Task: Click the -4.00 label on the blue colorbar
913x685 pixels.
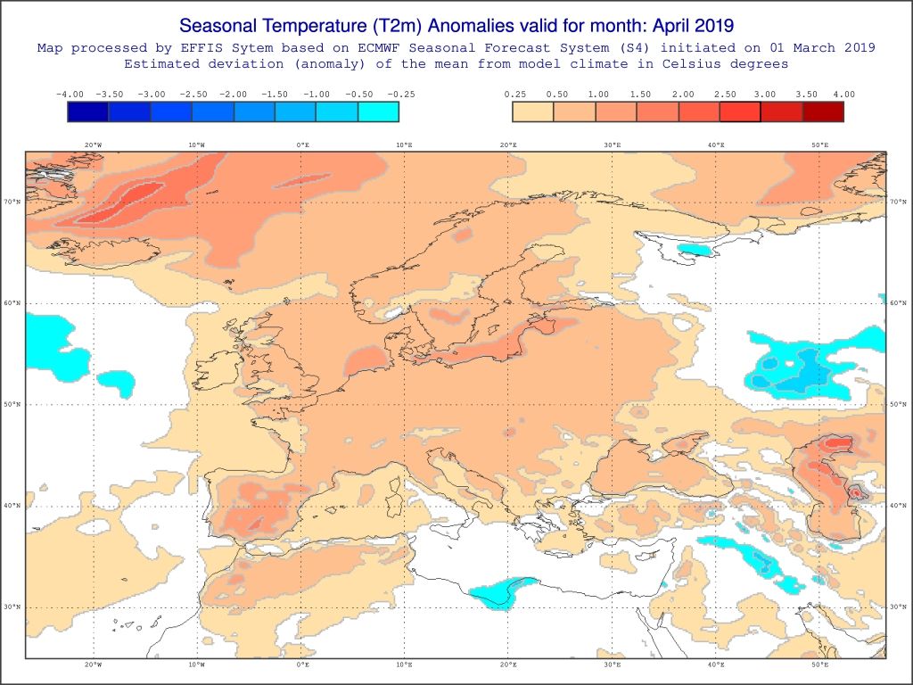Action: pyautogui.click(x=70, y=94)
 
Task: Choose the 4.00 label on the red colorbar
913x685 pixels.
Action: pyautogui.click(x=843, y=94)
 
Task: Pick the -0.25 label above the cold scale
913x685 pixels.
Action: pyautogui.click(x=400, y=94)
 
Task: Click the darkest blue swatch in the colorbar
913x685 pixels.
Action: pyautogui.click(x=88, y=111)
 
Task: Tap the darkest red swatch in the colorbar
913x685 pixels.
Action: pyautogui.click(x=822, y=111)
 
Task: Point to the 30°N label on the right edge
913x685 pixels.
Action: pyautogui.click(x=898, y=607)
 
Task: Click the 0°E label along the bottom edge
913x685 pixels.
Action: pyautogui.click(x=302, y=664)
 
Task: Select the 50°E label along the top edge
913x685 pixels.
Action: pyautogui.click(x=819, y=144)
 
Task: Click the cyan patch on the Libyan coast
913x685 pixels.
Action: pyautogui.click(x=496, y=591)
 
